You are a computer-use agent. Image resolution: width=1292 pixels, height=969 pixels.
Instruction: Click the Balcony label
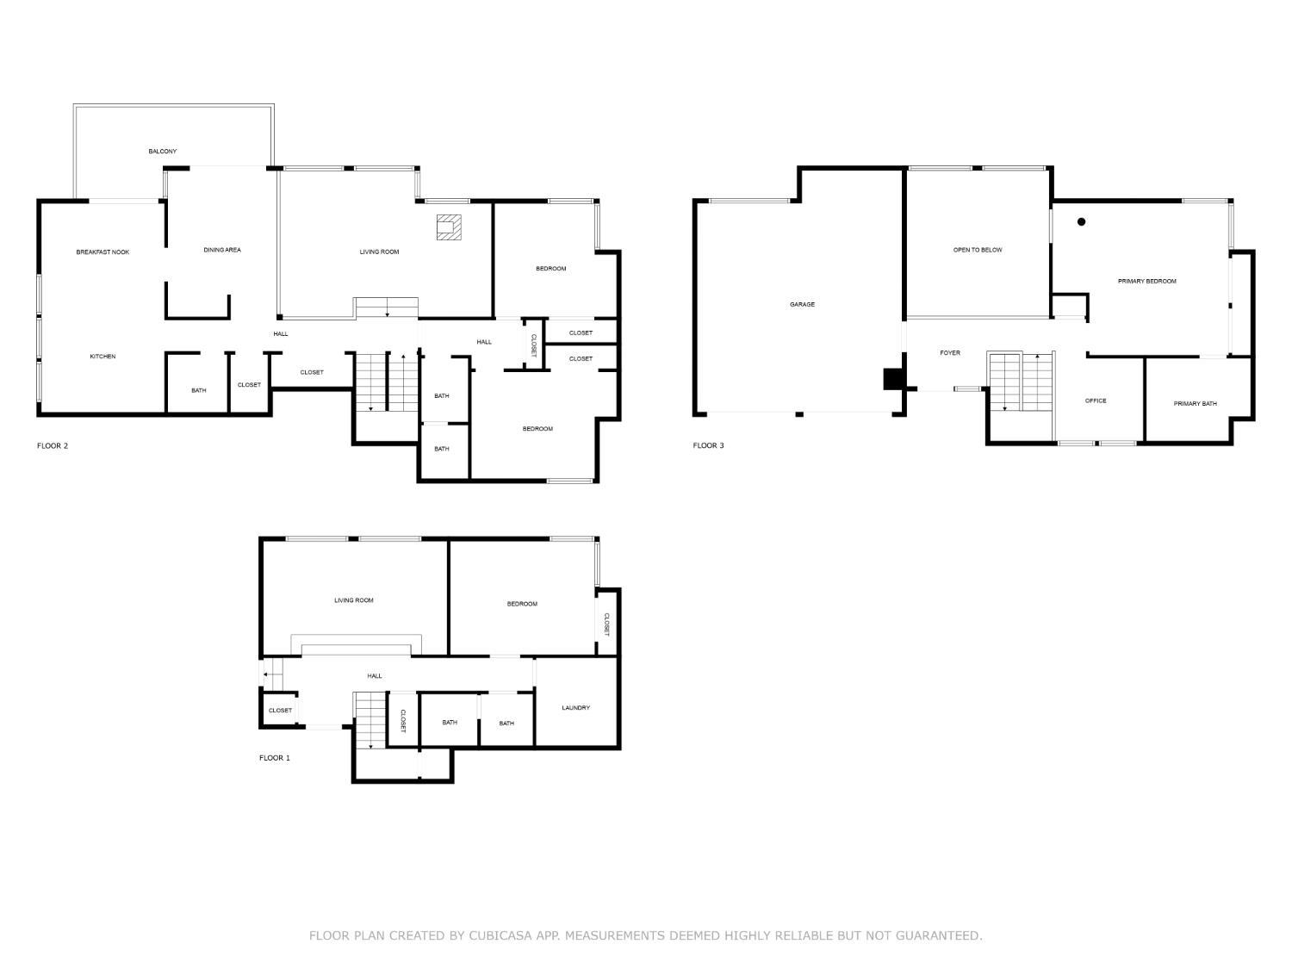click(162, 152)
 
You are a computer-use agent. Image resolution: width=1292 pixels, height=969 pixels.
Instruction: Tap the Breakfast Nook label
click(102, 252)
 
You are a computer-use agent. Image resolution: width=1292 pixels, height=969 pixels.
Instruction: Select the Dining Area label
click(222, 250)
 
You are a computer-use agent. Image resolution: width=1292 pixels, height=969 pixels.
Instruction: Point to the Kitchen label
click(102, 357)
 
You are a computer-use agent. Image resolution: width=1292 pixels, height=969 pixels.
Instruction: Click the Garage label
click(802, 304)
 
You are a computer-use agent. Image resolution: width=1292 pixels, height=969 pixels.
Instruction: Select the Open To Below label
click(978, 250)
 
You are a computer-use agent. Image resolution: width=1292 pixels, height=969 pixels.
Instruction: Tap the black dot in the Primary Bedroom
click(1082, 221)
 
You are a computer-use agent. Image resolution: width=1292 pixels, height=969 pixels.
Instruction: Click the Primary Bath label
click(1195, 403)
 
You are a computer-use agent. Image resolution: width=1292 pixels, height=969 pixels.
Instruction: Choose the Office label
click(1096, 401)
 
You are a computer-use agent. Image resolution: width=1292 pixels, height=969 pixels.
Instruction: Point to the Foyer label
click(949, 353)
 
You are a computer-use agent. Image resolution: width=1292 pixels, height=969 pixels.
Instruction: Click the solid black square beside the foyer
click(893, 380)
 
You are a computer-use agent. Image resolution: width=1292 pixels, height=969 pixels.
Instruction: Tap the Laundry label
click(575, 708)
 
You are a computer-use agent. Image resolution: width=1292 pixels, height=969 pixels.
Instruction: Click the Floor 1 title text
click(275, 758)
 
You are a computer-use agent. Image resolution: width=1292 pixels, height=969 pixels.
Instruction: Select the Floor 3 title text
click(708, 445)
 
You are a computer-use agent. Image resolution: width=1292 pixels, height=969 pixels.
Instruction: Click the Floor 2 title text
click(53, 445)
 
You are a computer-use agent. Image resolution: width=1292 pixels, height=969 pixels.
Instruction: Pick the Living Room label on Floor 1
click(353, 600)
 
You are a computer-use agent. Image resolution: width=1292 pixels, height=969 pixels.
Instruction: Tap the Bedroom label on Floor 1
click(522, 604)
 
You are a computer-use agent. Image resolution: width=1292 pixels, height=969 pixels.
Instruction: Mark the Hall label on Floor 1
click(374, 676)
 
